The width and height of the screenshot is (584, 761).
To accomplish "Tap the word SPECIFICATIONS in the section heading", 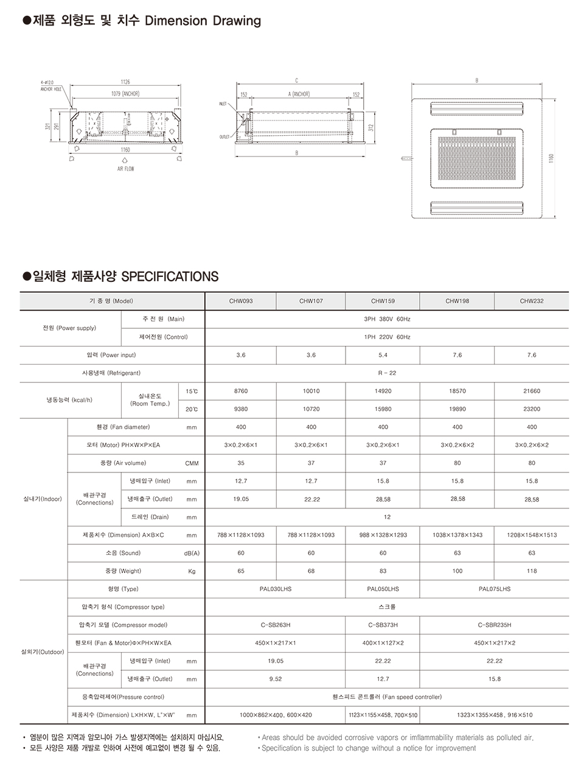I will click(170, 276).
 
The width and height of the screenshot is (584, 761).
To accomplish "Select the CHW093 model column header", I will click(241, 301).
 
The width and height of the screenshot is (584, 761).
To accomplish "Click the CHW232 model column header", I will click(532, 301).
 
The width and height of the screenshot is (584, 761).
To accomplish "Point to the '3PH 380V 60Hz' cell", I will click(387, 319).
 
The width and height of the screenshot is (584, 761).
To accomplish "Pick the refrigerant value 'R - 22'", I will click(387, 373).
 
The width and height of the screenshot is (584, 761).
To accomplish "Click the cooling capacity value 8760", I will click(241, 391).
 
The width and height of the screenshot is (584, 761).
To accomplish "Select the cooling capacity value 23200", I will click(532, 409).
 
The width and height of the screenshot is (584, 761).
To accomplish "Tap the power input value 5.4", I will click(383, 355).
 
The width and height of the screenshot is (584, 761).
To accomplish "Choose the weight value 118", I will click(532, 571).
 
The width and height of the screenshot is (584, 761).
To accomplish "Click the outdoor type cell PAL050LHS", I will click(383, 589).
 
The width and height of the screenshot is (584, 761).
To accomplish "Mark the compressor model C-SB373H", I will click(383, 625).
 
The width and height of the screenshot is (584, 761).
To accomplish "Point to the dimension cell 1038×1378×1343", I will click(457, 535).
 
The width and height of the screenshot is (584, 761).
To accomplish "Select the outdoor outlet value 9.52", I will click(276, 678).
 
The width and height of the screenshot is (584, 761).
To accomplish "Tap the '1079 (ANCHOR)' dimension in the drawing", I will click(125, 94).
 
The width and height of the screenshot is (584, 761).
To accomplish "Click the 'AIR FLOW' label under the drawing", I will click(125, 169).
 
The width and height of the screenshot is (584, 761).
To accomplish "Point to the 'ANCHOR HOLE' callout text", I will click(51, 89).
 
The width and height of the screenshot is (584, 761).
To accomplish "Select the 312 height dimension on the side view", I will click(370, 127).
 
